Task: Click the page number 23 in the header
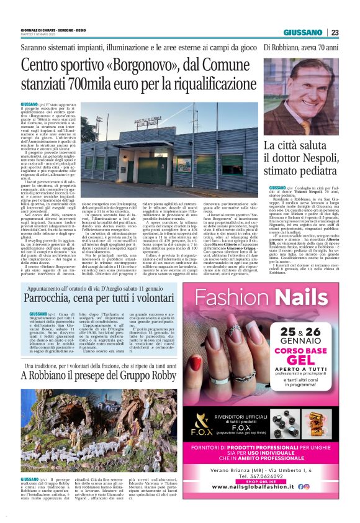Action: point(335,32)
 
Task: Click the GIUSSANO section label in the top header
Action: point(303,32)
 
